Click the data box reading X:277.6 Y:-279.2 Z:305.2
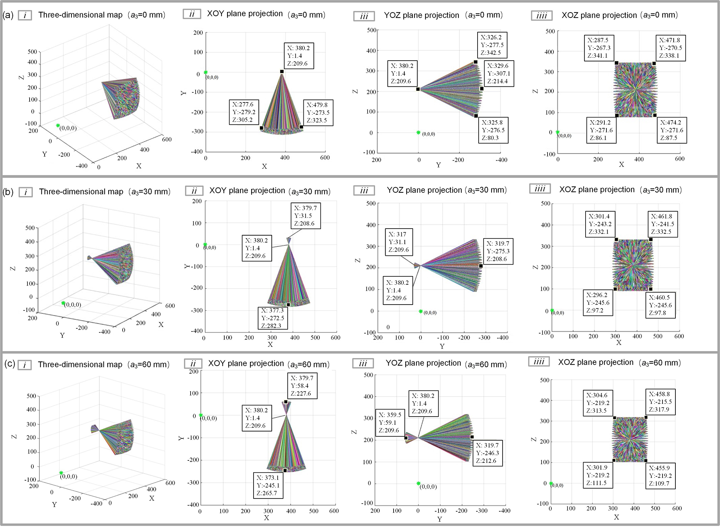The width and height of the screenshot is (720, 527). tap(244, 112)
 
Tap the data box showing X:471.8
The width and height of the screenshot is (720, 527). tap(671, 48)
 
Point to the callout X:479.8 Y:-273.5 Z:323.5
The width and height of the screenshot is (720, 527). tap(318, 113)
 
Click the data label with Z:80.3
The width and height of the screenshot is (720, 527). tap(493, 130)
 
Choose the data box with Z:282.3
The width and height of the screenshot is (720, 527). tap(273, 318)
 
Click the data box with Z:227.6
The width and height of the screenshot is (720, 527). tap(302, 386)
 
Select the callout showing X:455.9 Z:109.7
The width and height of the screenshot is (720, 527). tap(660, 476)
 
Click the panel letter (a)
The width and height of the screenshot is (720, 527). tap(8, 15)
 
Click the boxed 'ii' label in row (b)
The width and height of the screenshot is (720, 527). tap(194, 191)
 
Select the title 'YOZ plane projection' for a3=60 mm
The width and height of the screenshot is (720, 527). tap(423, 363)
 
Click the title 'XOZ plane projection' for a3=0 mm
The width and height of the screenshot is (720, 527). tap(599, 15)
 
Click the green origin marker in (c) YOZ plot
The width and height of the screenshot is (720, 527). tap(418, 483)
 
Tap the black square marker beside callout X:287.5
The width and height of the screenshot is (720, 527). tap(616, 63)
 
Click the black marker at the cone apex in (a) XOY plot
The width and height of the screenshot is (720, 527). tap(282, 71)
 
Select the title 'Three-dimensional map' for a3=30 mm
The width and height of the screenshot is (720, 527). tap(81, 192)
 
